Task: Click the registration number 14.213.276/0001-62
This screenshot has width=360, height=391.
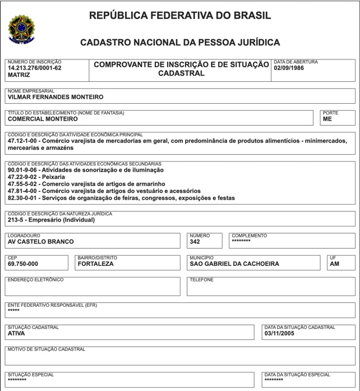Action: point(35,67)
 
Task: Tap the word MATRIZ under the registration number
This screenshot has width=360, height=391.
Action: point(19,74)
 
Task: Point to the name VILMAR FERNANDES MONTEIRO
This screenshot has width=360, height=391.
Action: point(56,97)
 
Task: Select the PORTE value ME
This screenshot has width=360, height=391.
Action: point(327,119)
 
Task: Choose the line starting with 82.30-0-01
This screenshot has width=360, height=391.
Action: point(121,198)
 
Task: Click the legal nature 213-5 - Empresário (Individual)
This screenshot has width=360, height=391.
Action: point(51,220)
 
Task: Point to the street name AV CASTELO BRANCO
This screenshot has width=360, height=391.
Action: point(40,242)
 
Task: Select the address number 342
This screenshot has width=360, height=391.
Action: point(196,242)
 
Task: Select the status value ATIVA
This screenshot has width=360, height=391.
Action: point(16,333)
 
